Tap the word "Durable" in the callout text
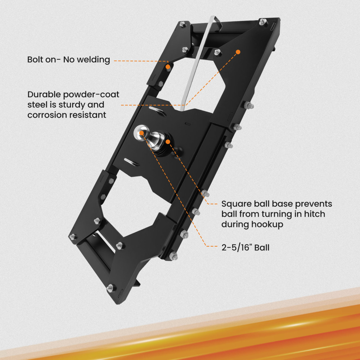tap(44, 94)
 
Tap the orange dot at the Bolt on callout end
tap(168, 67)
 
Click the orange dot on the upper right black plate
tap(238, 52)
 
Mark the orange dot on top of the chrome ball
tap(141, 133)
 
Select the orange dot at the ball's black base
tap(168, 141)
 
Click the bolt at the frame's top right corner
tap(263, 22)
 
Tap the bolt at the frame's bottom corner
tap(111, 288)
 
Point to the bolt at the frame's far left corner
tap(73, 237)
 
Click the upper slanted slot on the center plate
tap(158, 111)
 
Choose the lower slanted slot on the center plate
tap(131, 162)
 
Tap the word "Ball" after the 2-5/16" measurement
tap(262, 248)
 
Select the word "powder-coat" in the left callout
tap(91, 95)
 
